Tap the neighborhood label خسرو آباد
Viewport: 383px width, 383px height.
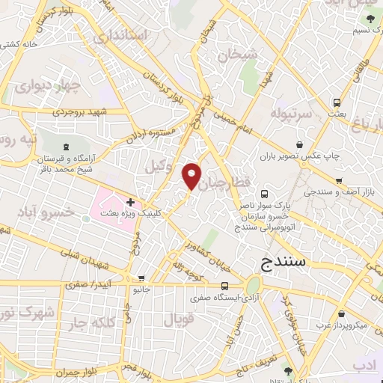[56, 212]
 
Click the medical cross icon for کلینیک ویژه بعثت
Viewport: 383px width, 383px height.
[130, 202]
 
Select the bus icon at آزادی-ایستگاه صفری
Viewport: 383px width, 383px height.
[225, 286]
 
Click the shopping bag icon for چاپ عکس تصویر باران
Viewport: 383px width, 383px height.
[300, 144]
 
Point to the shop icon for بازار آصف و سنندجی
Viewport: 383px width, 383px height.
[339, 181]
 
